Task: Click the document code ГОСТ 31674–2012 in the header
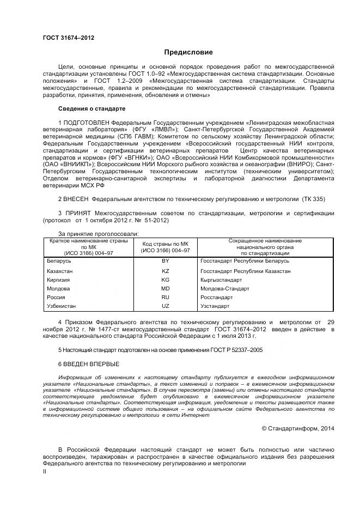pos(68,38)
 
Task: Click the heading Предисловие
pos(188,52)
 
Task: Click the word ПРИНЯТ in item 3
pos(76,214)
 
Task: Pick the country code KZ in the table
pos(166,271)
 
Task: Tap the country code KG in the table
pos(166,280)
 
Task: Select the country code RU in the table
pos(166,297)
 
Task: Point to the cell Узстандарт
pos(216,306)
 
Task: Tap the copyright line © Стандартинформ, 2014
pos(298,428)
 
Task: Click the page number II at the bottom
pos(45,472)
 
